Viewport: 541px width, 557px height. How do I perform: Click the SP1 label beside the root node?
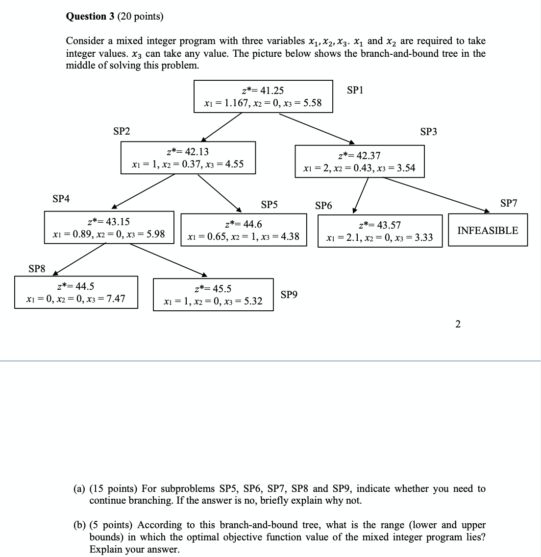355,90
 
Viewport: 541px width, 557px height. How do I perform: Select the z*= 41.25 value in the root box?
263,91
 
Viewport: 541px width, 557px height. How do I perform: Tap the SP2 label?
122,131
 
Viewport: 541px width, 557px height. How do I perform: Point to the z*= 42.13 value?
188,152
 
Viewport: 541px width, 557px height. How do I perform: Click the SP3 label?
429,132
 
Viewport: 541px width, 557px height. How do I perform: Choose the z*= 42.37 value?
360,156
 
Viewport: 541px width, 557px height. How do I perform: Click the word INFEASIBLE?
488,231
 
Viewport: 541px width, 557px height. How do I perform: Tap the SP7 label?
509,203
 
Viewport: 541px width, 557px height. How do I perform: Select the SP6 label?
323,206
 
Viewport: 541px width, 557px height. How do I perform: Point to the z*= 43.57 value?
380,225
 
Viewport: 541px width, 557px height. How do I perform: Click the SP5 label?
269,205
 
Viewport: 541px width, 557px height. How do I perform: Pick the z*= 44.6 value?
243,224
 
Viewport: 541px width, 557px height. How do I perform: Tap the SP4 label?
61,199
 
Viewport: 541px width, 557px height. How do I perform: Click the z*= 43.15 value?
108,222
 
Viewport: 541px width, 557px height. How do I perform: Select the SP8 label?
37,268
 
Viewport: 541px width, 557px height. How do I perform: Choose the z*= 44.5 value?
76,286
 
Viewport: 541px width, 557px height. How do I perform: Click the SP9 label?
289,295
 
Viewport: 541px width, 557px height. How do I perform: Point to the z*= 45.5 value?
213,289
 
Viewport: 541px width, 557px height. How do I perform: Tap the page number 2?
458,324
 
